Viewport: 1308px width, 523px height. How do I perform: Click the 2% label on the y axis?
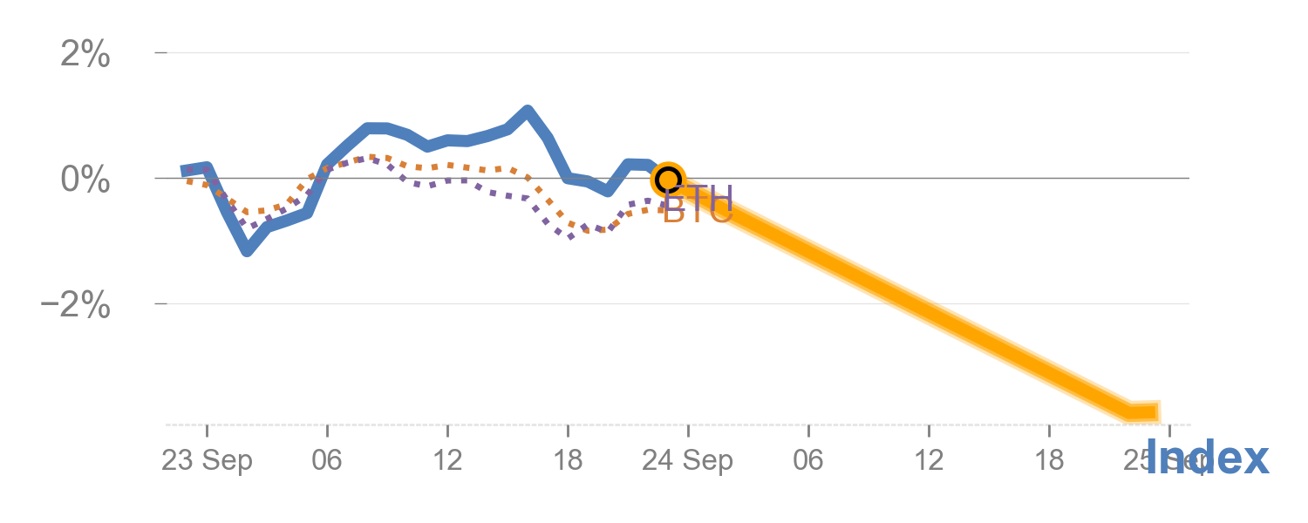(x=85, y=55)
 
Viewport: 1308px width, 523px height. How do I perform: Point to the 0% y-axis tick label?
(x=85, y=180)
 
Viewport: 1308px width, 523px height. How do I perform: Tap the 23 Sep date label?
(x=207, y=461)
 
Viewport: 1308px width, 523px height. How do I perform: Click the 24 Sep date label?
(x=687, y=461)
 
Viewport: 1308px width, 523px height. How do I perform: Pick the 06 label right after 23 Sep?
(x=327, y=461)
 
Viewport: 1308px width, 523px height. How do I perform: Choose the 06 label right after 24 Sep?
(x=808, y=461)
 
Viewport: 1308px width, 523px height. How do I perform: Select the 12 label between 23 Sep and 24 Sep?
(x=447, y=461)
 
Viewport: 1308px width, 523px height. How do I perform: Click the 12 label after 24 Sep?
(x=929, y=461)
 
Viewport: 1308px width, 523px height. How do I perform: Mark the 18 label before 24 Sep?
(x=568, y=461)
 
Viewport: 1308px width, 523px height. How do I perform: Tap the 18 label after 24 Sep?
(x=1049, y=461)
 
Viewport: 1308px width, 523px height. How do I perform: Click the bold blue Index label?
(x=1207, y=458)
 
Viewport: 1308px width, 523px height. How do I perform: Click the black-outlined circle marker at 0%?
(x=668, y=180)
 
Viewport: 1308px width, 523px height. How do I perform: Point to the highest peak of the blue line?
(x=528, y=111)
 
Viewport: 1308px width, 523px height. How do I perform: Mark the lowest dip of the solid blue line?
(x=247, y=251)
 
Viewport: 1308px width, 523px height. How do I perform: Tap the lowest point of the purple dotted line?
(x=571, y=236)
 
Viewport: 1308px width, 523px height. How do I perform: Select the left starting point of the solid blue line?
(x=185, y=171)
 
